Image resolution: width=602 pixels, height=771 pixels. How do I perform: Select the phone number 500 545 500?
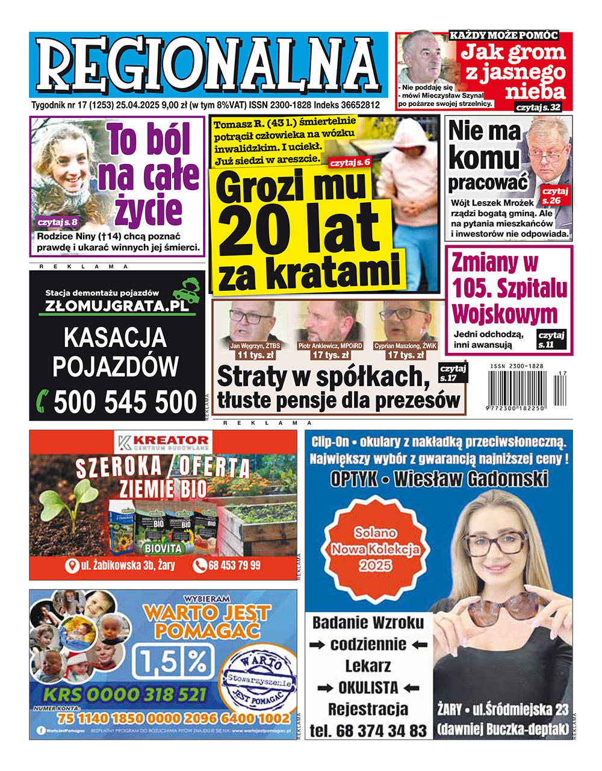pos(125,402)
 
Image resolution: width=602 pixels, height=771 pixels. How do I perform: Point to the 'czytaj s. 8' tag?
pos(57,222)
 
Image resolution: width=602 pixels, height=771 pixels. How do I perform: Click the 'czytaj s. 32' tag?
pos(538,107)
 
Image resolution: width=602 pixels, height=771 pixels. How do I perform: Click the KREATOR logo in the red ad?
pos(163,443)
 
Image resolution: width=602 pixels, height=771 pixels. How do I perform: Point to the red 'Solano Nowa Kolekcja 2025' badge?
pos(375,549)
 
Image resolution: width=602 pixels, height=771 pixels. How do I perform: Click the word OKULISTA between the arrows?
pos(368,687)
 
